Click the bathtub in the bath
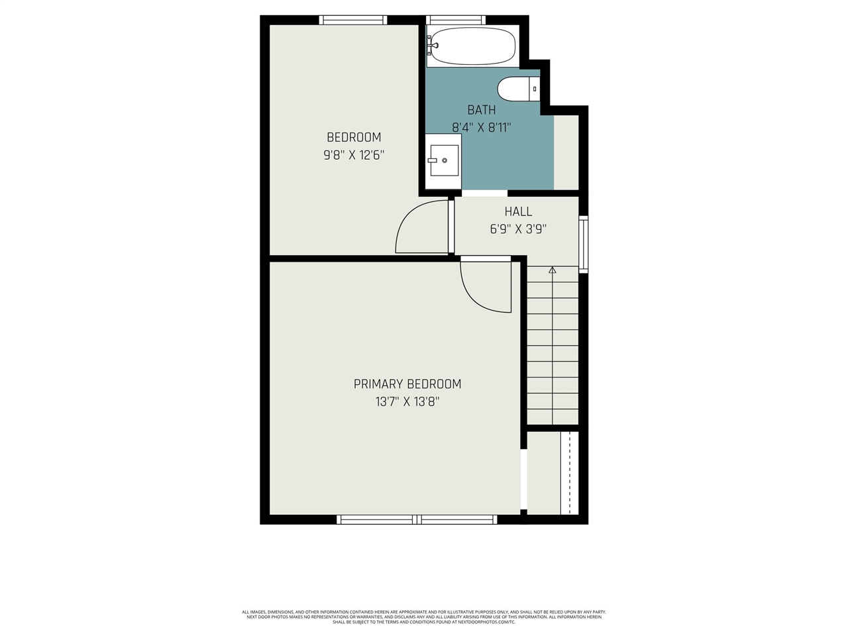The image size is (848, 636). [x=471, y=46]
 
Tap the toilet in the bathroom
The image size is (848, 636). [x=518, y=89]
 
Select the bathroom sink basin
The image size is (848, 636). [x=443, y=160]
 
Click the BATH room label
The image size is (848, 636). [x=482, y=110]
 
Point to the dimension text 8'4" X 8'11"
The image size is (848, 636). [x=482, y=127]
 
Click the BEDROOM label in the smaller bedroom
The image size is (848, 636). [x=354, y=137]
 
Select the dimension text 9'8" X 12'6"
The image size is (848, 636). [x=354, y=155]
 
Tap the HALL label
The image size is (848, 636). [x=518, y=211]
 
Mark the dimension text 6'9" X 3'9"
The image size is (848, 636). [x=518, y=229]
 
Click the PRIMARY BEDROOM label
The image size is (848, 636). [x=407, y=384]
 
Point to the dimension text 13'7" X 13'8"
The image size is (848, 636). [x=407, y=401]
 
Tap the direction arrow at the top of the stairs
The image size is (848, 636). [x=552, y=270]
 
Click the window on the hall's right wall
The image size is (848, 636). [x=583, y=244]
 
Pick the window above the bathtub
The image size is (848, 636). [x=455, y=20]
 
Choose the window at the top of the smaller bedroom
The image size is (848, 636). [x=353, y=20]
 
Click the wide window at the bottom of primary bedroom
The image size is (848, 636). [x=417, y=519]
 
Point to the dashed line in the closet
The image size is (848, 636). [x=570, y=472]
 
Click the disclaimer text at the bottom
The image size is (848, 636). [x=424, y=617]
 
